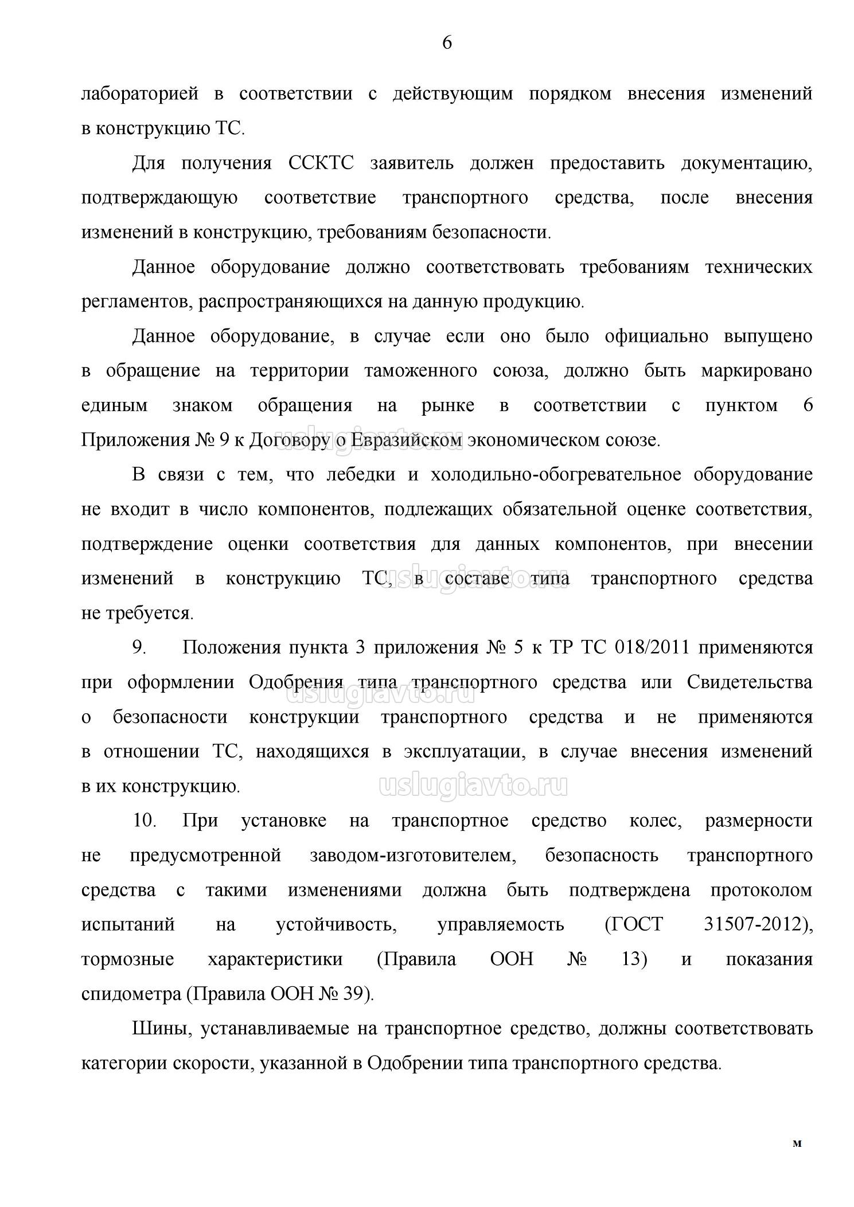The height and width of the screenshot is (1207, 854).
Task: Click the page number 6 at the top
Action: [x=447, y=43]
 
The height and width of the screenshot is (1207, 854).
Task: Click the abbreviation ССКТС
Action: [x=321, y=163]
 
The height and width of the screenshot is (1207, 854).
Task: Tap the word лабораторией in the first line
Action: [x=140, y=94]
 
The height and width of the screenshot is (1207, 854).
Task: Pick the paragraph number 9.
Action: [x=139, y=648]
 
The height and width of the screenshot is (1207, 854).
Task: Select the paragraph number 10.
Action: [x=145, y=821]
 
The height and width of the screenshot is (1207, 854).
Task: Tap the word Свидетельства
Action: [x=749, y=683]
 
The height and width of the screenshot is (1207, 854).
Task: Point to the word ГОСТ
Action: [x=634, y=925]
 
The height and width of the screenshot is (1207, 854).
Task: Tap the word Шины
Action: [x=157, y=1029]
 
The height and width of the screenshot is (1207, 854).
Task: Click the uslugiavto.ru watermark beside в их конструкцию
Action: [x=473, y=786]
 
